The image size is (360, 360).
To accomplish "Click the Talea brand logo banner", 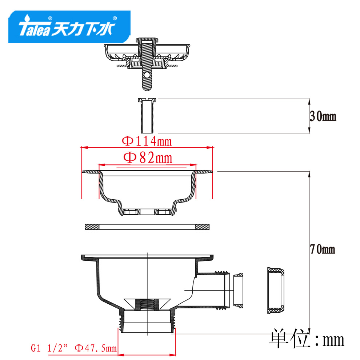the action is (x=69, y=27).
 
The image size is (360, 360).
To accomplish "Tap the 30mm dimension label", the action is (x=323, y=116).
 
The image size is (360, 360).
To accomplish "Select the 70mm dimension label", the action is (x=322, y=249).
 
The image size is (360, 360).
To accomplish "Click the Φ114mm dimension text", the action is (x=147, y=141).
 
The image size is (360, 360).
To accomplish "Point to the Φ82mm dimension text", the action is (x=148, y=158).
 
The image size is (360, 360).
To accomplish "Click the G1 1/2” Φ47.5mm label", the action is (x=74, y=348).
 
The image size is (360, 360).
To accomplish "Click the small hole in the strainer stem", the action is (x=147, y=75).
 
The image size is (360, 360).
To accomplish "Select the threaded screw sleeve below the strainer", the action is (x=147, y=116).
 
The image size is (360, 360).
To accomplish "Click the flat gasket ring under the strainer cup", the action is (x=147, y=227).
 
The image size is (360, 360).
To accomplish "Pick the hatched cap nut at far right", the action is (x=276, y=290).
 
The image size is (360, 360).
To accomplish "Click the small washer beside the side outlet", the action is (x=238, y=291).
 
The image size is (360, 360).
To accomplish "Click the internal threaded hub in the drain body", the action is (x=147, y=305).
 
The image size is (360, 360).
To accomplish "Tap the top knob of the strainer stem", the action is (x=147, y=40).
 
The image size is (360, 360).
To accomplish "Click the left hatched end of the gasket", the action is (x=92, y=227).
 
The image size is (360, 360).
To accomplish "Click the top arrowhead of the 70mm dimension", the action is (x=309, y=174).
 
